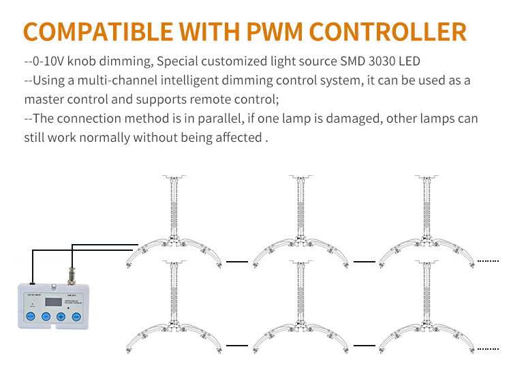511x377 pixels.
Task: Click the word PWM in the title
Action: click(266, 31)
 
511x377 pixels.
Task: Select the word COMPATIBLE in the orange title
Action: click(97, 31)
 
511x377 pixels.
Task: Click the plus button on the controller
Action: click(61, 316)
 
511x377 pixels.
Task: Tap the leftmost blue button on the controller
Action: click(30, 316)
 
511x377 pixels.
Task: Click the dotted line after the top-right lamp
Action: click(488, 260)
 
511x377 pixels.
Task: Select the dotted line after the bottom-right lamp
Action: click(488, 348)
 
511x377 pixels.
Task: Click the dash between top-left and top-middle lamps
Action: click(236, 260)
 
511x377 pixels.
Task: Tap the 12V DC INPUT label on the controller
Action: click(33, 294)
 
